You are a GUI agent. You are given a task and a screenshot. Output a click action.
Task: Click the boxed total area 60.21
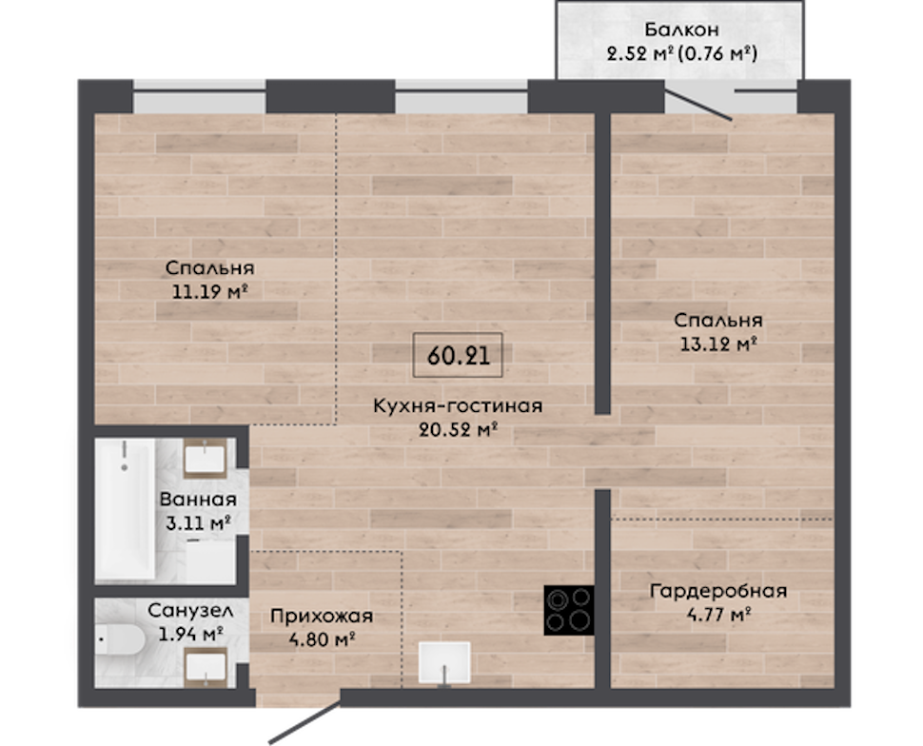coord(458,355)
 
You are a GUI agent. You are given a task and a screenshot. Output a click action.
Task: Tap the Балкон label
coord(681,29)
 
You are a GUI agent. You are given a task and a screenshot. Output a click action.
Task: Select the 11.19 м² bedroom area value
coord(209,291)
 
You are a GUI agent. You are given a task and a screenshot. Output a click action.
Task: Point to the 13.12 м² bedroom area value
coord(718,344)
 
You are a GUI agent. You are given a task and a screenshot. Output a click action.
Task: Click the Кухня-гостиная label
coord(458,405)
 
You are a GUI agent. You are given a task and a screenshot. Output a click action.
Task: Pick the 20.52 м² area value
coord(459,429)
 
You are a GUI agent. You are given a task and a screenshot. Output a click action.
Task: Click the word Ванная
coord(198,500)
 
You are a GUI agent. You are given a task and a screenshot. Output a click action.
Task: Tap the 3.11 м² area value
coord(198,522)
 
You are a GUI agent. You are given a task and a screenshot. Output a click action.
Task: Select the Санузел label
coord(190,610)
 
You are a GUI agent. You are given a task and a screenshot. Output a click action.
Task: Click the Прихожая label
coord(322,616)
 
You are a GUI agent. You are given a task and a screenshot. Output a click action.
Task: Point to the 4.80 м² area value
coord(322,638)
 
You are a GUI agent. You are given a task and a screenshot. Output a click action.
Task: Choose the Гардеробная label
coord(718,591)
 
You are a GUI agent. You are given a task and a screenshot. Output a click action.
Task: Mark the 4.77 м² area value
coord(718,615)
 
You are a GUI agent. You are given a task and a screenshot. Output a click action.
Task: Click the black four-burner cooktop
coord(569,610)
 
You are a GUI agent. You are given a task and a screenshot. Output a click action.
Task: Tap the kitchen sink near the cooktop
coord(444,663)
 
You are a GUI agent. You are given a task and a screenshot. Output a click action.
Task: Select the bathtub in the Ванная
coord(126,508)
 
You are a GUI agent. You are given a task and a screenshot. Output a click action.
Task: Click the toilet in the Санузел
coord(120,640)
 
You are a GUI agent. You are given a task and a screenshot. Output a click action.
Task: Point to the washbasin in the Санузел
coord(206,667)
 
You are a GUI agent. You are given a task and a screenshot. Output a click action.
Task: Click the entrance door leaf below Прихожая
coord(304,721)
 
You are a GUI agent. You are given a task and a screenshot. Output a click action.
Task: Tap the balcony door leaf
coord(698,106)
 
